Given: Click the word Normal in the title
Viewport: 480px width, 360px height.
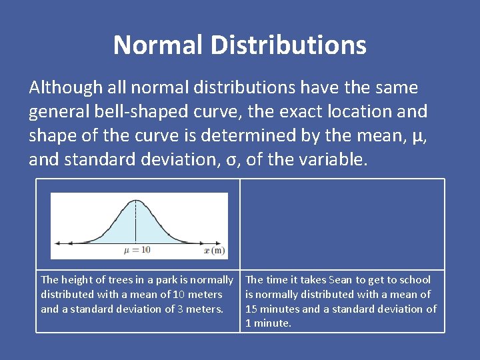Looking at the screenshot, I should coord(157,45).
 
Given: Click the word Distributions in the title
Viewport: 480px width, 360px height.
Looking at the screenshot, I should coord(288,45).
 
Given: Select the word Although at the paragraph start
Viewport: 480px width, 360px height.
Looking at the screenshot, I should coord(66,87).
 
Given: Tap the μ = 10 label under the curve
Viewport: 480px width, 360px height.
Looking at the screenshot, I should coord(137,250).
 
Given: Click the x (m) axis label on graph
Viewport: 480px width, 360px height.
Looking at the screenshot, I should coord(215,250).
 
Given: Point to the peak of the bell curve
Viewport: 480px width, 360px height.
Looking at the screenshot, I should coord(136,201).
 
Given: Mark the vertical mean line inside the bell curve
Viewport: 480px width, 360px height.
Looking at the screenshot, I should coord(136,223).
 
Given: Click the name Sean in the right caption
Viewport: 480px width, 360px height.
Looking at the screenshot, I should coord(340,280).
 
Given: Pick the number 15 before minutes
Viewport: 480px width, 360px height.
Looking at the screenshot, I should coord(251,309).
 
